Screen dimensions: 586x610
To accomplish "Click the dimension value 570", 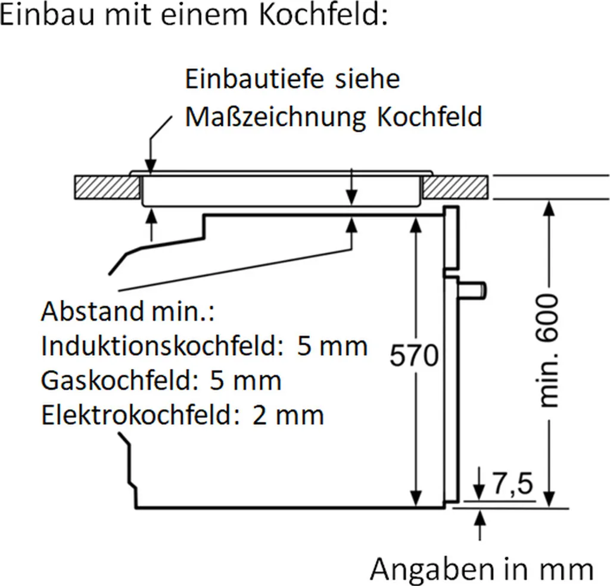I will [414, 356].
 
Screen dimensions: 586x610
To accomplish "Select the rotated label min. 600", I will [549, 351].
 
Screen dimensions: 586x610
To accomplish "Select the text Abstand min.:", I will [128, 311].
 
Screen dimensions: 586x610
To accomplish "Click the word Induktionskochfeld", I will [160, 346].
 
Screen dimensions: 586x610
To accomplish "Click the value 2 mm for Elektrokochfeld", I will [288, 415].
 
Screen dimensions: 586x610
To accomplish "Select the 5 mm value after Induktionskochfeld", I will [332, 346].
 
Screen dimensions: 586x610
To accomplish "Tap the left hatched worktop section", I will [105, 187].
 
